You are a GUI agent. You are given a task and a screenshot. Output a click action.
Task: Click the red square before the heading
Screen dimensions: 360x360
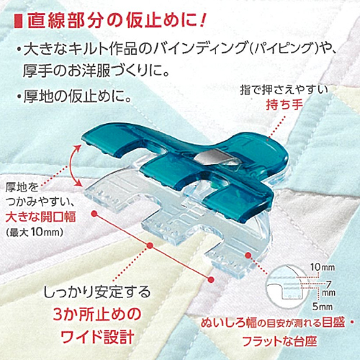pyautogui.click(x=19, y=22)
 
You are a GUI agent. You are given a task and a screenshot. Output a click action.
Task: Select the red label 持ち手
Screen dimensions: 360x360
pyautogui.click(x=284, y=104)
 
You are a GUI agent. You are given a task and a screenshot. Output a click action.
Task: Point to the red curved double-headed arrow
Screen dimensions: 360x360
pyautogui.click(x=73, y=166)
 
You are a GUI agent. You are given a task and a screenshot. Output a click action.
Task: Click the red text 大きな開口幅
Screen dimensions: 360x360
pyautogui.click(x=41, y=217)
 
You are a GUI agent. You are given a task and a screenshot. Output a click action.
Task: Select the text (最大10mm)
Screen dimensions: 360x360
pyautogui.click(x=35, y=233)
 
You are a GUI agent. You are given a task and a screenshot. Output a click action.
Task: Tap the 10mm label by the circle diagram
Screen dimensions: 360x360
pyautogui.click(x=322, y=267)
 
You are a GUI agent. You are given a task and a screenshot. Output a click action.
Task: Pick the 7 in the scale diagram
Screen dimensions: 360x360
pyautogui.click(x=328, y=284)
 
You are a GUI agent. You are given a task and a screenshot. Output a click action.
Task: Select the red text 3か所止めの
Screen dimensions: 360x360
pyautogui.click(x=97, y=315)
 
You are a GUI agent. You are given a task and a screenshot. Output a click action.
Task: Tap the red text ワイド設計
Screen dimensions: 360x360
pyautogui.click(x=97, y=336)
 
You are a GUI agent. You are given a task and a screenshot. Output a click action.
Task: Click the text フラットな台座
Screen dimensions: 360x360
pyautogui.click(x=280, y=341)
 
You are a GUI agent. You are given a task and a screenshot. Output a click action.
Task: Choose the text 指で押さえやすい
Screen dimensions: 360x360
pyautogui.click(x=284, y=91)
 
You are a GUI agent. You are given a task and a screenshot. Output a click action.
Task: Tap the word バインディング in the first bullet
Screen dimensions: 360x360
pyautogui.click(x=200, y=49)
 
